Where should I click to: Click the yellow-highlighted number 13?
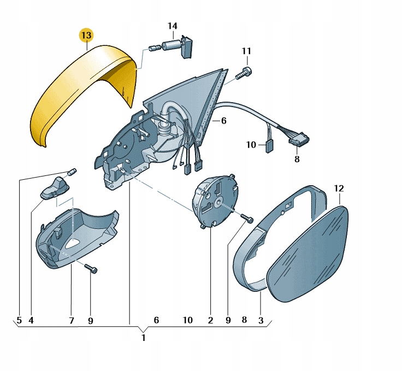tap(86, 35)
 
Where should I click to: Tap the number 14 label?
tap(173, 26)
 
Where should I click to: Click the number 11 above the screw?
tap(246, 51)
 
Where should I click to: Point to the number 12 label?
tap(339, 189)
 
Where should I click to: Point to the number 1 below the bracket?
tap(144, 338)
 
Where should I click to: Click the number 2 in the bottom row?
tap(210, 320)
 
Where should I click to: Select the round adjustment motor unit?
tap(215, 200)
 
